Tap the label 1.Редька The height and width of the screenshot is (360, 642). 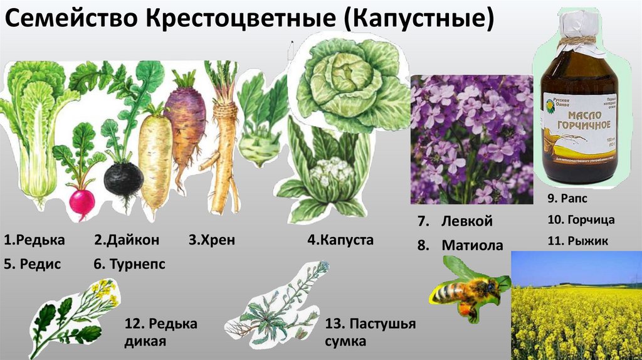click(x=34, y=240)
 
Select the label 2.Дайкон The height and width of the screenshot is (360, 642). click(x=127, y=240)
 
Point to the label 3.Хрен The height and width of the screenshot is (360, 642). click(x=211, y=240)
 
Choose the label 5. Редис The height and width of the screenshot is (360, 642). click(x=32, y=264)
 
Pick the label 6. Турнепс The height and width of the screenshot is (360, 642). click(x=130, y=264)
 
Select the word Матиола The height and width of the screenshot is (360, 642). click(x=472, y=245)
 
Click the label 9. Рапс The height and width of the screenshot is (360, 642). click(x=566, y=199)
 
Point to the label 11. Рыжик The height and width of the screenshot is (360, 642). click(x=572, y=240)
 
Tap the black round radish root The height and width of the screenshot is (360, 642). click(x=123, y=178)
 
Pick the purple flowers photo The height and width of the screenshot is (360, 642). click(x=471, y=139)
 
